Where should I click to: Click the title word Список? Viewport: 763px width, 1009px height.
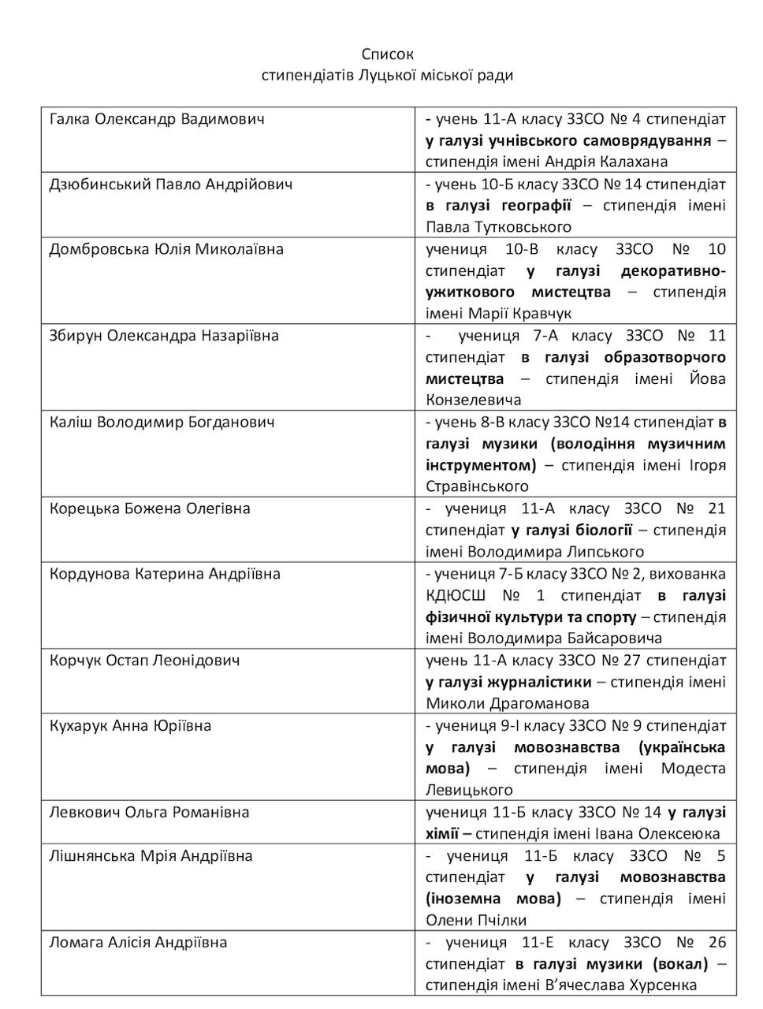coord(387,54)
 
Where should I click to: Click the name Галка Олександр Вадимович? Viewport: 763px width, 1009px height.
coord(156,119)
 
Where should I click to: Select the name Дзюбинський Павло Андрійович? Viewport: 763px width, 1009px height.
coord(170,184)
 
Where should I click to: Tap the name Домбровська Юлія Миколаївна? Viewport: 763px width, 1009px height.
coord(166,249)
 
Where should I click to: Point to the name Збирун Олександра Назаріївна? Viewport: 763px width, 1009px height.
coord(164,336)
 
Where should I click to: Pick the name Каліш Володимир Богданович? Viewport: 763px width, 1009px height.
coord(162,422)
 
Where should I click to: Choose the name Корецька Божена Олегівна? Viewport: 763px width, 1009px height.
coord(150,508)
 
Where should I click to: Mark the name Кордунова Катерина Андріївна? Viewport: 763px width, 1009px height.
coord(165,574)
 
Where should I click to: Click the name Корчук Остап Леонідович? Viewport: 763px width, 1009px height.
coord(144,661)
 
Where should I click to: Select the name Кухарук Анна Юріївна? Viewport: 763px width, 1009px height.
coord(130,725)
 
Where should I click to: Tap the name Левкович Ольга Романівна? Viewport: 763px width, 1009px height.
coord(150,812)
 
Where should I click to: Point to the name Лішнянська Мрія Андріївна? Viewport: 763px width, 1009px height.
coord(151,855)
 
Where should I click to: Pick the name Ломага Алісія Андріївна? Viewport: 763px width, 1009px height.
coord(138,942)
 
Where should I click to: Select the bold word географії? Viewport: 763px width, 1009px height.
coord(536,206)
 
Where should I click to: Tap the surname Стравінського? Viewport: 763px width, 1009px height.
coord(477,486)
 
